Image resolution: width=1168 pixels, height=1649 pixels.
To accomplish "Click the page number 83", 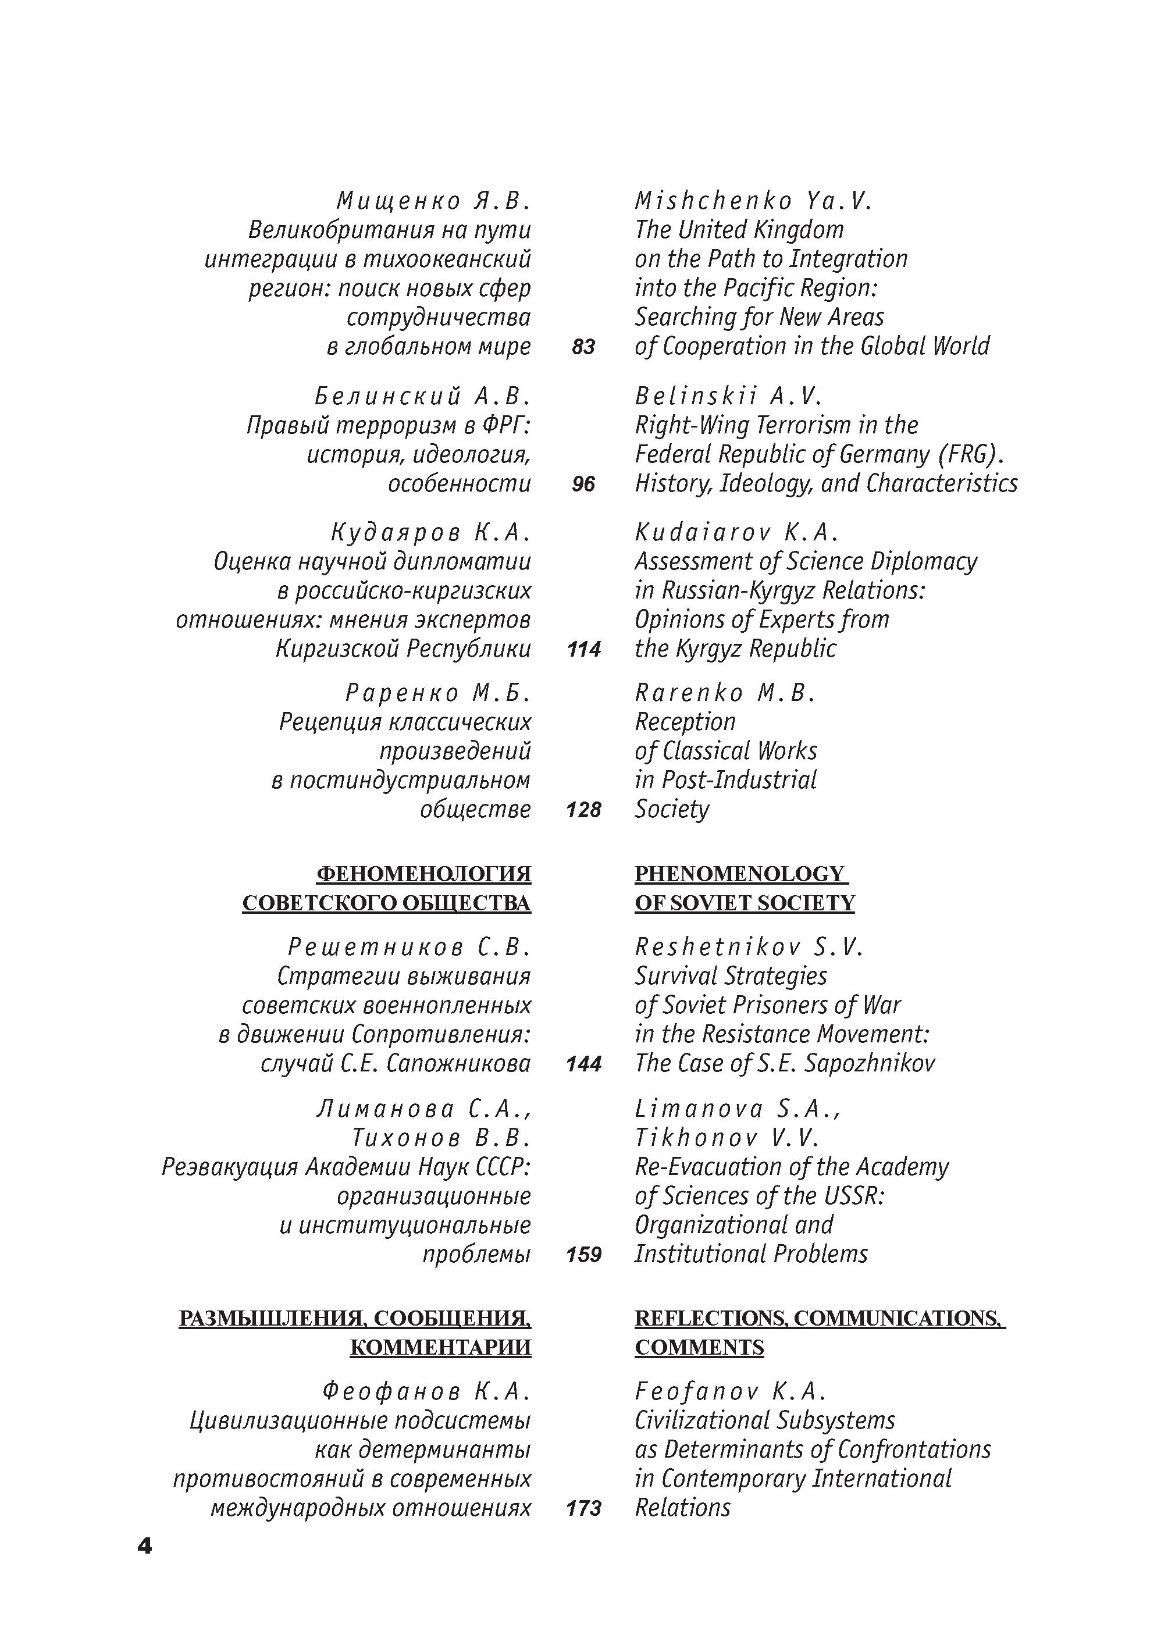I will (x=583, y=347).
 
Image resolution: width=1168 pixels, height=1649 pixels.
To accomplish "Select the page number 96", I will (x=583, y=484).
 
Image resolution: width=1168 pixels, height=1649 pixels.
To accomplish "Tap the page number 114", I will (x=583, y=649).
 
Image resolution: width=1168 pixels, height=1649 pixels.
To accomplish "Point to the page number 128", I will (x=583, y=810).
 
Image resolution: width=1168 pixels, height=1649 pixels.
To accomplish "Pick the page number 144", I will (x=583, y=1064).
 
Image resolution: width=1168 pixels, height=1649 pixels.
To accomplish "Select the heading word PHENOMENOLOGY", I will (x=739, y=874).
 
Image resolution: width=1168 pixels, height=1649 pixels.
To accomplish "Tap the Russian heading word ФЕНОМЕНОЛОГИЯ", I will (x=423, y=874).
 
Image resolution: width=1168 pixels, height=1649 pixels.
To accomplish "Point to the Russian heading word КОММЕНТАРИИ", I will (x=440, y=1347).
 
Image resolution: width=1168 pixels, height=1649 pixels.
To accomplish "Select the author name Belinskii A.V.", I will (x=728, y=396).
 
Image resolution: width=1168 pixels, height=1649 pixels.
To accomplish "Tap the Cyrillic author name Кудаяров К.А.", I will (x=430, y=532).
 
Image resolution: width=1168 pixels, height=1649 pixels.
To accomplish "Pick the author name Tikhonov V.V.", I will (x=727, y=1138).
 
